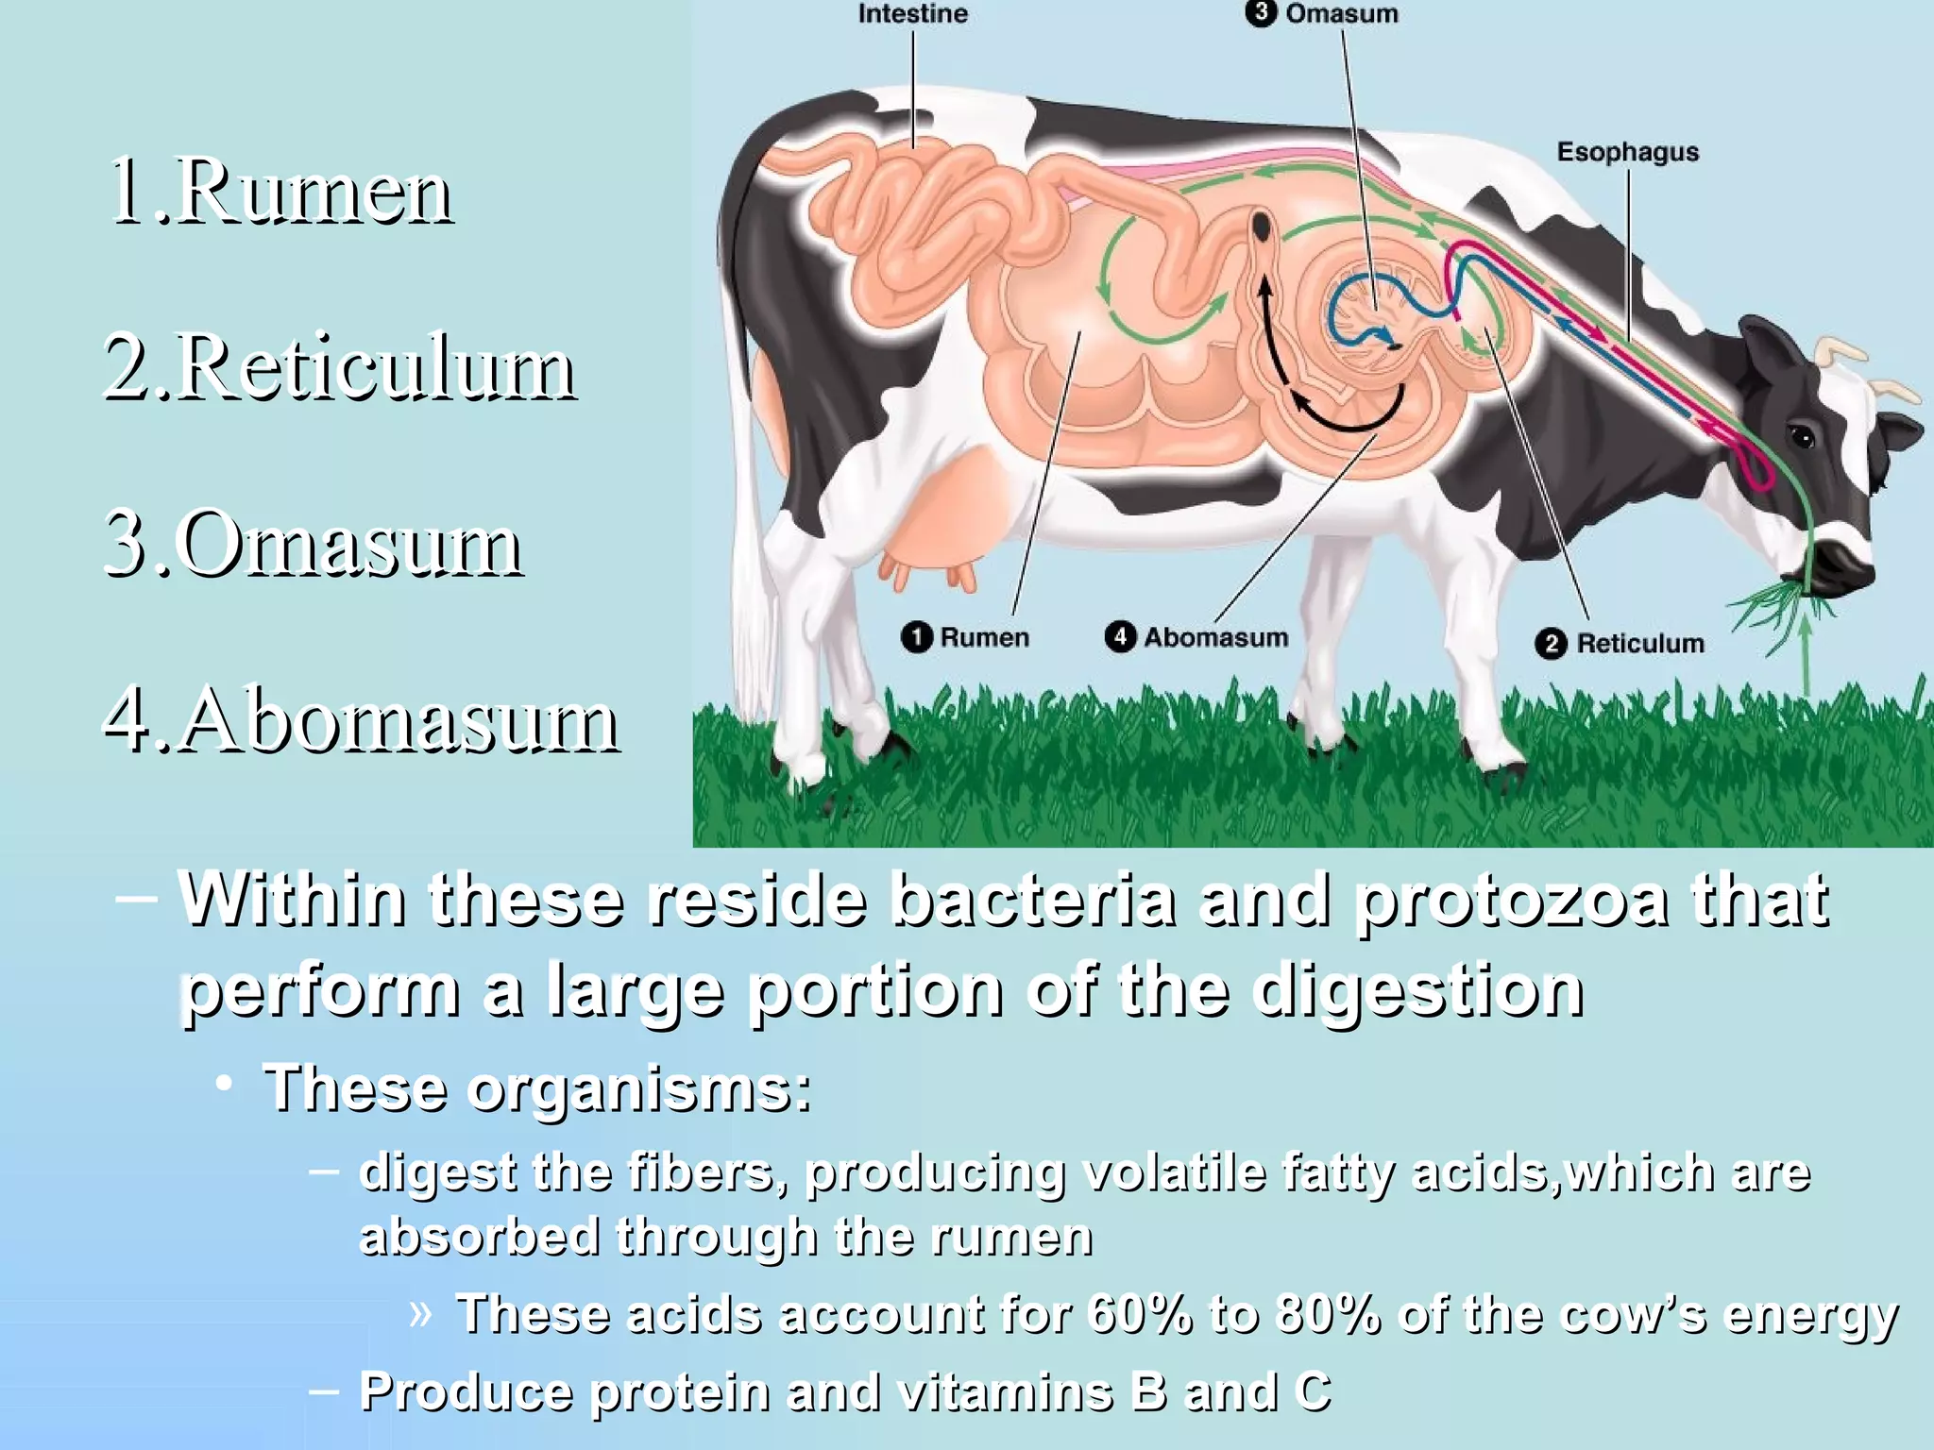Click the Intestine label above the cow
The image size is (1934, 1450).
point(912,14)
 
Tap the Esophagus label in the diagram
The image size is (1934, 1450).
point(1627,152)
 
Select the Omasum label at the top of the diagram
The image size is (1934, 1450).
point(1341,14)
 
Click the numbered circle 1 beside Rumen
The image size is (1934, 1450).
point(916,637)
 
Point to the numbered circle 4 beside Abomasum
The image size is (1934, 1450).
point(1120,636)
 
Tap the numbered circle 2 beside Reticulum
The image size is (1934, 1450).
point(1551,644)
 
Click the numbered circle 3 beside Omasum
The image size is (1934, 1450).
point(1261,13)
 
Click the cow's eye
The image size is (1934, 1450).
point(1802,437)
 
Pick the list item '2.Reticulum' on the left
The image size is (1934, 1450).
point(338,368)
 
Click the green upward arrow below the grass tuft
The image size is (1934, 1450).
point(1806,651)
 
